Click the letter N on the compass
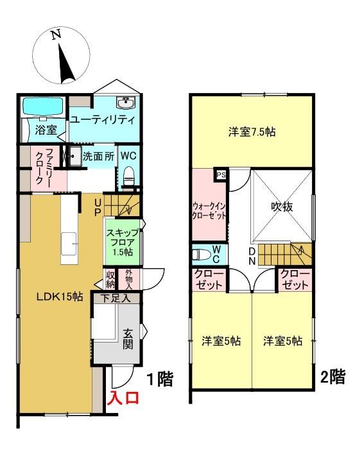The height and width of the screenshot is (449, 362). [56, 35]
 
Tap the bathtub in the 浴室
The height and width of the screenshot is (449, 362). [42, 107]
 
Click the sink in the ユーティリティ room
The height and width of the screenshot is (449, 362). [126, 103]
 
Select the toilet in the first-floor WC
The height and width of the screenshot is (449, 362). [129, 175]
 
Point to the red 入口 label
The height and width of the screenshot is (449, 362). [123, 398]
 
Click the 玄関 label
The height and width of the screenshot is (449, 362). [128, 339]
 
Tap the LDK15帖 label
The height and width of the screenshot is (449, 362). [60, 296]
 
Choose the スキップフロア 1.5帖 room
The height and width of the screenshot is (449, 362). [123, 242]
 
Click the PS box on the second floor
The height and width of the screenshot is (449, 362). [221, 174]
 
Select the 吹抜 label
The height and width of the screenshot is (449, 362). [282, 206]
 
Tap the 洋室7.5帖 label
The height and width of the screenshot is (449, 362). [252, 132]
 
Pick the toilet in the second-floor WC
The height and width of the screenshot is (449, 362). [200, 254]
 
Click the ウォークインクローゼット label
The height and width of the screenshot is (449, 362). [209, 211]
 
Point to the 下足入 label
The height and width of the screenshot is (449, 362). [116, 299]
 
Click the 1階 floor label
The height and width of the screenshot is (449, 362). [160, 380]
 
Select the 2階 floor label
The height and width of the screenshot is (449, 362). [332, 377]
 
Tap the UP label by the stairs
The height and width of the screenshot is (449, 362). [98, 208]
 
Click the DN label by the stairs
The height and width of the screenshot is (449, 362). [252, 257]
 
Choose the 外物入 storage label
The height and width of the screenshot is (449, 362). [128, 279]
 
